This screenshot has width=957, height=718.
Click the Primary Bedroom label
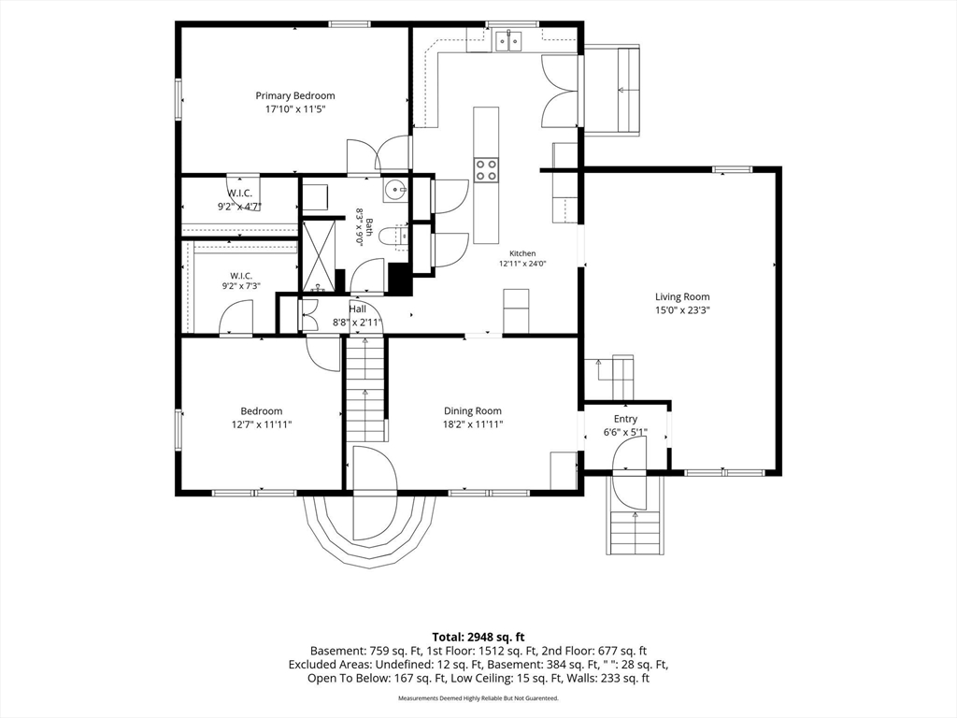click(294, 96)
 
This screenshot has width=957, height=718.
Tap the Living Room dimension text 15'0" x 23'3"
click(682, 310)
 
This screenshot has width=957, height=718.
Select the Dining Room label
click(472, 411)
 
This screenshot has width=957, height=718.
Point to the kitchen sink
click(508, 41)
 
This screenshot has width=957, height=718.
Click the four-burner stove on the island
click(486, 169)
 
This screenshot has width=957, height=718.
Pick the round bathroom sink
click(395, 190)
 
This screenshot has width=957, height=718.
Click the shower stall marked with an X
click(319, 255)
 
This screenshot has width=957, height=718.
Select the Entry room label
click(625, 419)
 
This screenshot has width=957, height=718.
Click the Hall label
click(358, 309)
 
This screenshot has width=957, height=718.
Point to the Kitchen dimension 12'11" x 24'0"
click(522, 265)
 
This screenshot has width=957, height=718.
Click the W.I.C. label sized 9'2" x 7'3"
click(241, 276)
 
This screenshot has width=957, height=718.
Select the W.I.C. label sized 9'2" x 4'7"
click(240, 194)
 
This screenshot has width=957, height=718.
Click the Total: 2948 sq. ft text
click(478, 638)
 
